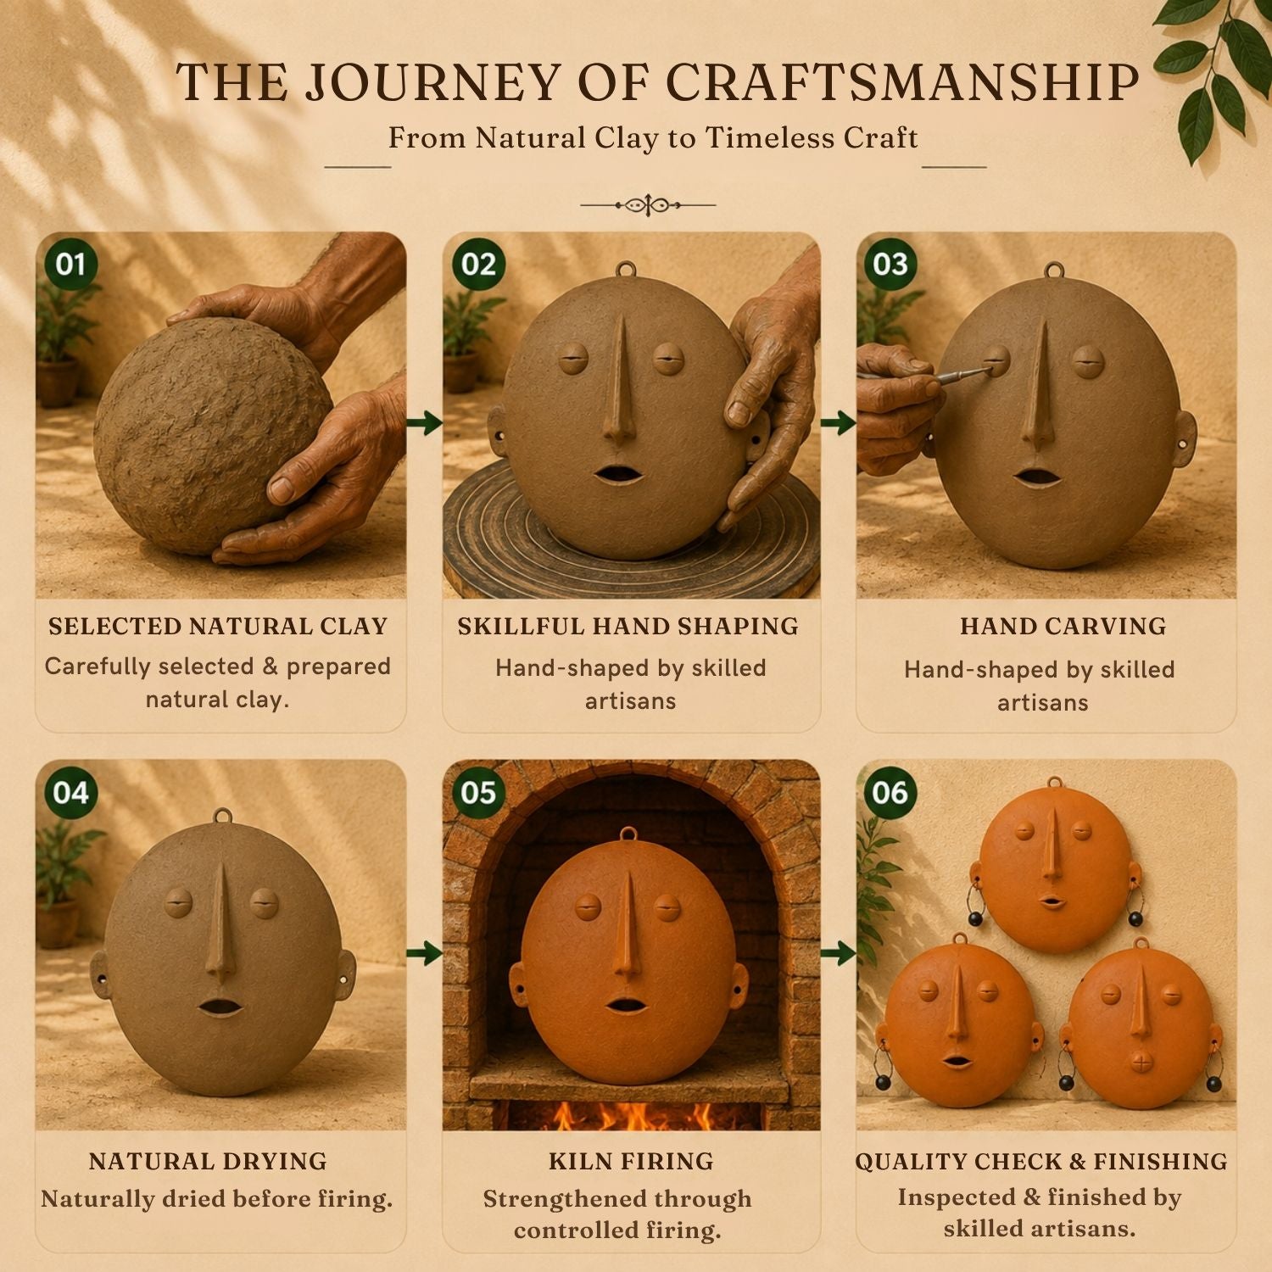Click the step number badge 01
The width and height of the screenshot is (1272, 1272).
tap(71, 264)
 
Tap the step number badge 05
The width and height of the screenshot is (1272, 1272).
tap(478, 792)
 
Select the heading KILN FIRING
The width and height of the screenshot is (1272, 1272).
tap(631, 1161)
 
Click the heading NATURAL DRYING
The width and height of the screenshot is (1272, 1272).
tap(208, 1161)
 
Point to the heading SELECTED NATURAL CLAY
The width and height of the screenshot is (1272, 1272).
tap(218, 626)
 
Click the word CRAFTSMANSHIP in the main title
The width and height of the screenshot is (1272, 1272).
tap(902, 83)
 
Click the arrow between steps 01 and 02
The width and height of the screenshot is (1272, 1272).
tap(424, 421)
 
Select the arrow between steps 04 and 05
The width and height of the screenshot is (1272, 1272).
tap(424, 953)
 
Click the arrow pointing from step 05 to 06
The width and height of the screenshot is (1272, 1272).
tap(839, 953)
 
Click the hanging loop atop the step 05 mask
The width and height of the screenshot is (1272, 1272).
tap(628, 835)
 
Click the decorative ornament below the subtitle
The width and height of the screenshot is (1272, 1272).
tap(648, 204)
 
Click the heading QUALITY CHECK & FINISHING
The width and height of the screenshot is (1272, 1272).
tap(1041, 1161)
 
